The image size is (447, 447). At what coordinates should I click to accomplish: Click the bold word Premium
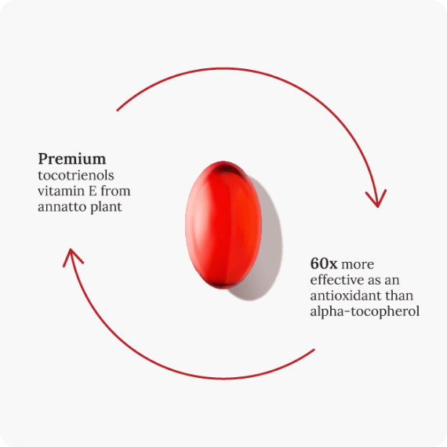tap(72, 159)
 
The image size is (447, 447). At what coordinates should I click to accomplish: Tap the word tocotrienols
tap(76, 176)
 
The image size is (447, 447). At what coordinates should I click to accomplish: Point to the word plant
tap(106, 207)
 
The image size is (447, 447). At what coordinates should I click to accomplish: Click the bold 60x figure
tap(324, 263)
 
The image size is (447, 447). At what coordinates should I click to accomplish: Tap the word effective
tap(336, 280)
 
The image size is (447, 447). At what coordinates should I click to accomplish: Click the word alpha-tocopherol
tap(365, 311)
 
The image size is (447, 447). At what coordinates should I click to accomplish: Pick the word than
tap(399, 296)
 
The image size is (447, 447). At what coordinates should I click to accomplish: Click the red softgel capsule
tap(223, 225)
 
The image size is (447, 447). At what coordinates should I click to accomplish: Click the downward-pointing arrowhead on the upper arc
tap(376, 198)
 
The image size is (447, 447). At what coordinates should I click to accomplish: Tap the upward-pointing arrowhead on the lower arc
tap(72, 257)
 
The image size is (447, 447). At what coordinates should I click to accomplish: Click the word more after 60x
tap(358, 264)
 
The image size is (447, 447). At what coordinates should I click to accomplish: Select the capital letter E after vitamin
tap(93, 191)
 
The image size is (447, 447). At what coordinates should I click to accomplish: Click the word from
tap(116, 191)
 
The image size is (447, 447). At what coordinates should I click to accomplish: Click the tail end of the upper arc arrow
tap(118, 110)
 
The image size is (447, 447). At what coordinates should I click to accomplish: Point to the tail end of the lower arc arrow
tap(314, 350)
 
